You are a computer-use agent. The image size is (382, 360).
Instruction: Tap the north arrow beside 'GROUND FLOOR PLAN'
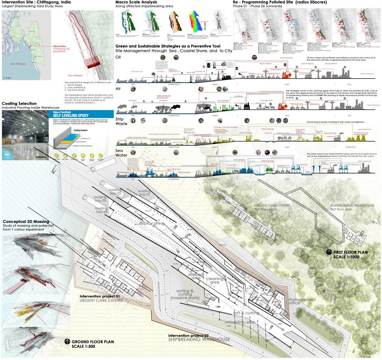[x=67, y=342]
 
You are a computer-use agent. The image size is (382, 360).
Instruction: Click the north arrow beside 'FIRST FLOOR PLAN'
[x=329, y=252]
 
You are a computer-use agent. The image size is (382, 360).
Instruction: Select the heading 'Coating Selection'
[x=19, y=104]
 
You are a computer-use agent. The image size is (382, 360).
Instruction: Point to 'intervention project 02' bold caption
[x=189, y=336]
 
